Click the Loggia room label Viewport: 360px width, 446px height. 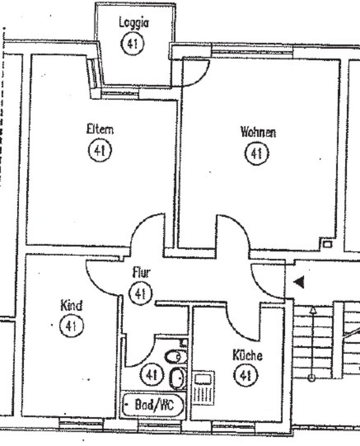coord(134,22)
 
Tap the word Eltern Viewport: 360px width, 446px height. coord(100,129)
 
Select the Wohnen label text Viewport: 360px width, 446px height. coord(258,132)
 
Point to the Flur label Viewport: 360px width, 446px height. coord(141,273)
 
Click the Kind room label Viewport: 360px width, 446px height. coord(71,306)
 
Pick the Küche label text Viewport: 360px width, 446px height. coord(247,356)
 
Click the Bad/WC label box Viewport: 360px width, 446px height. coord(153,406)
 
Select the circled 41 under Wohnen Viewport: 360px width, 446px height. coord(257,154)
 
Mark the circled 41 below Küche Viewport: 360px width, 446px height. coord(246,375)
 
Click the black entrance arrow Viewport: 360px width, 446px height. coord(299,282)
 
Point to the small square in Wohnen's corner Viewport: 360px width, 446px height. coord(327,243)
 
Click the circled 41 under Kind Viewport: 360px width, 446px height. coord(71,326)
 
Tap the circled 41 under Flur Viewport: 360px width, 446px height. coord(141,294)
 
